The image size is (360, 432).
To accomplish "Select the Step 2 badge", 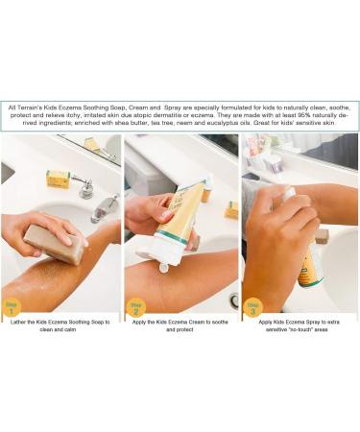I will pyautogui.click(x=136, y=307).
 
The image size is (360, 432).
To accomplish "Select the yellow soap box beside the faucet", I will pyautogui.click(x=59, y=179).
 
